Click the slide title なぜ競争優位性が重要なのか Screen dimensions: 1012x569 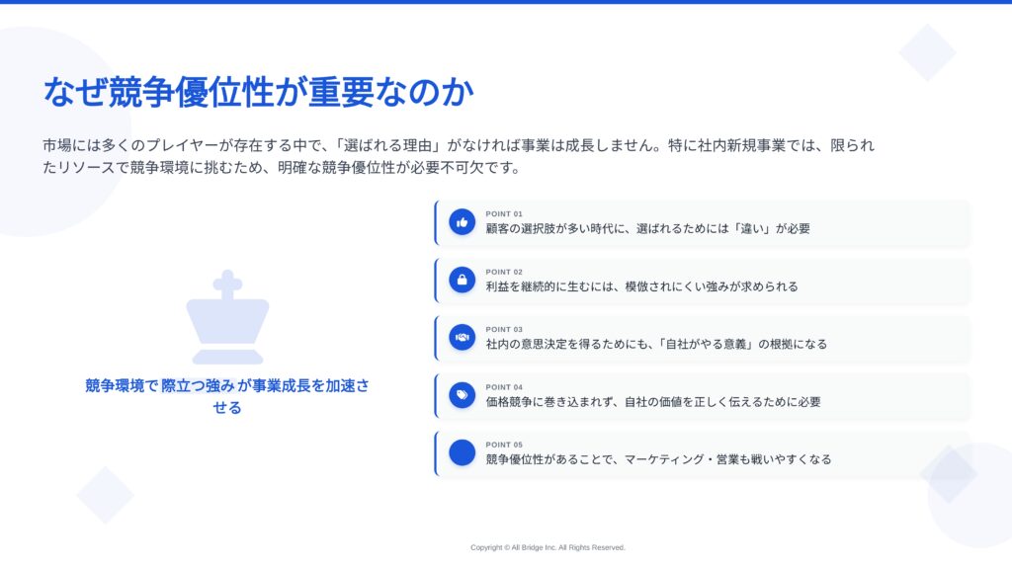coord(258,92)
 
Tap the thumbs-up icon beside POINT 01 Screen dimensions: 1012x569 coord(463,222)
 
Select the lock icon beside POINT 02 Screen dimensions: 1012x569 coord(463,280)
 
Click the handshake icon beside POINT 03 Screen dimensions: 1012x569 coord(463,338)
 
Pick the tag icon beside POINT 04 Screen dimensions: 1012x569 coord(463,395)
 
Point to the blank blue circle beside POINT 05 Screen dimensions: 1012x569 coord(463,452)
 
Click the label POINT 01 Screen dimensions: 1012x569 coord(504,214)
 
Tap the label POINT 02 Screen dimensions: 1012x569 coord(504,273)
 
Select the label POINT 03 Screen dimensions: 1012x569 coord(504,330)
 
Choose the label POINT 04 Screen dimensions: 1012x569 coord(504,387)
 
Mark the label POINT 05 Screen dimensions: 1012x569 coord(504,446)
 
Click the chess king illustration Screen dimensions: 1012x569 coord(228,317)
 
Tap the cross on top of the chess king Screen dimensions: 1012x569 coord(228,284)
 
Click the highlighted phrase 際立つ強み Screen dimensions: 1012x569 coord(198,386)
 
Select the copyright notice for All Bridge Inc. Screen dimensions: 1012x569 coord(548,547)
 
